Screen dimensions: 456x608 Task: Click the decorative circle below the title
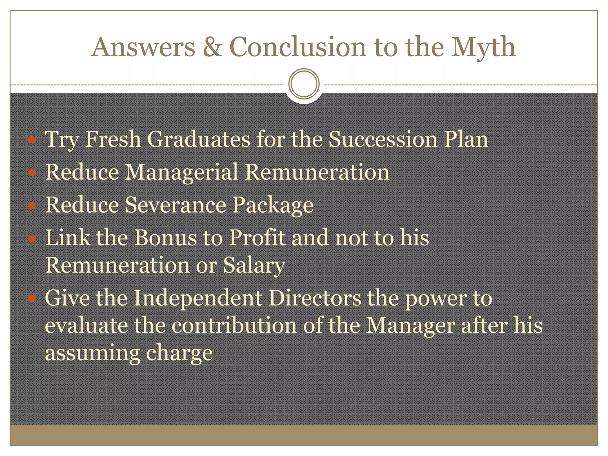pyautogui.click(x=304, y=84)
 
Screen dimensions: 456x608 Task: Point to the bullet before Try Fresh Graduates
pyautogui.click(x=32, y=140)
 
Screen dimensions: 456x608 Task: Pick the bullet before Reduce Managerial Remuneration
pyautogui.click(x=32, y=172)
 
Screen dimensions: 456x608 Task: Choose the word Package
pyautogui.click(x=272, y=205)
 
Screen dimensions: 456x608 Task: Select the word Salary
pyautogui.click(x=254, y=265)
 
